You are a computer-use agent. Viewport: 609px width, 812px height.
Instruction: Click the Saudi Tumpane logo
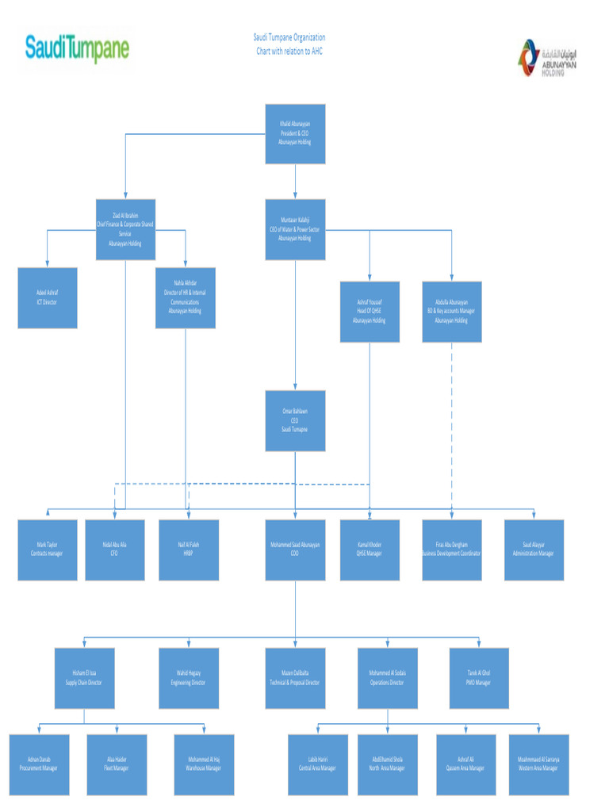[77, 48]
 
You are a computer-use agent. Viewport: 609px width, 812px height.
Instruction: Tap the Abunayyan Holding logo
[546, 59]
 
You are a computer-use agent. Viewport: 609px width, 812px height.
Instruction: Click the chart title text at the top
[289, 44]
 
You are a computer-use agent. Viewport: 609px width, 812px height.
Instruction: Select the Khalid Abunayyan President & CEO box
[295, 133]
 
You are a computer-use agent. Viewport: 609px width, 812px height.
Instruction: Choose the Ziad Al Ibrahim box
[125, 229]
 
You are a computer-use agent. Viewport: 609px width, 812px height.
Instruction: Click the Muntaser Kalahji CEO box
[295, 229]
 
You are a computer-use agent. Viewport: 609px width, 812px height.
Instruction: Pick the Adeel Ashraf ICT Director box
[48, 297]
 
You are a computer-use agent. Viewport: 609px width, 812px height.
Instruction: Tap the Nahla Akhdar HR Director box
[185, 297]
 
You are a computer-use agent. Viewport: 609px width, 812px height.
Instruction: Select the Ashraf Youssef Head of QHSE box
[370, 312]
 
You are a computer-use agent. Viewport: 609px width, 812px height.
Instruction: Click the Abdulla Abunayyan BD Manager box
[451, 312]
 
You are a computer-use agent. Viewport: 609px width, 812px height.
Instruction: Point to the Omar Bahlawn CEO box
[295, 420]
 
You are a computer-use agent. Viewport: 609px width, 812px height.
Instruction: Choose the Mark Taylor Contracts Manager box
[48, 550]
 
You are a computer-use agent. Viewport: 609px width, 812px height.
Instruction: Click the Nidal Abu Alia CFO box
[115, 550]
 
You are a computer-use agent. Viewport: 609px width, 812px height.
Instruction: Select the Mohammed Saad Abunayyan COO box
[295, 550]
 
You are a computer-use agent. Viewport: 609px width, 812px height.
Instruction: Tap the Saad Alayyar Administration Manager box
[534, 550]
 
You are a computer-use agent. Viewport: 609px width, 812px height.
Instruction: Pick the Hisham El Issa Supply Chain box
[84, 678]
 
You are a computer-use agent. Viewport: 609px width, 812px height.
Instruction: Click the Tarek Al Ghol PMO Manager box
[479, 678]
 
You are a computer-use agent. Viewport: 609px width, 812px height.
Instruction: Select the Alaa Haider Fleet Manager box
[117, 764]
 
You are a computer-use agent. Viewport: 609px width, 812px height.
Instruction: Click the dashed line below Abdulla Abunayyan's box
[452, 420]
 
